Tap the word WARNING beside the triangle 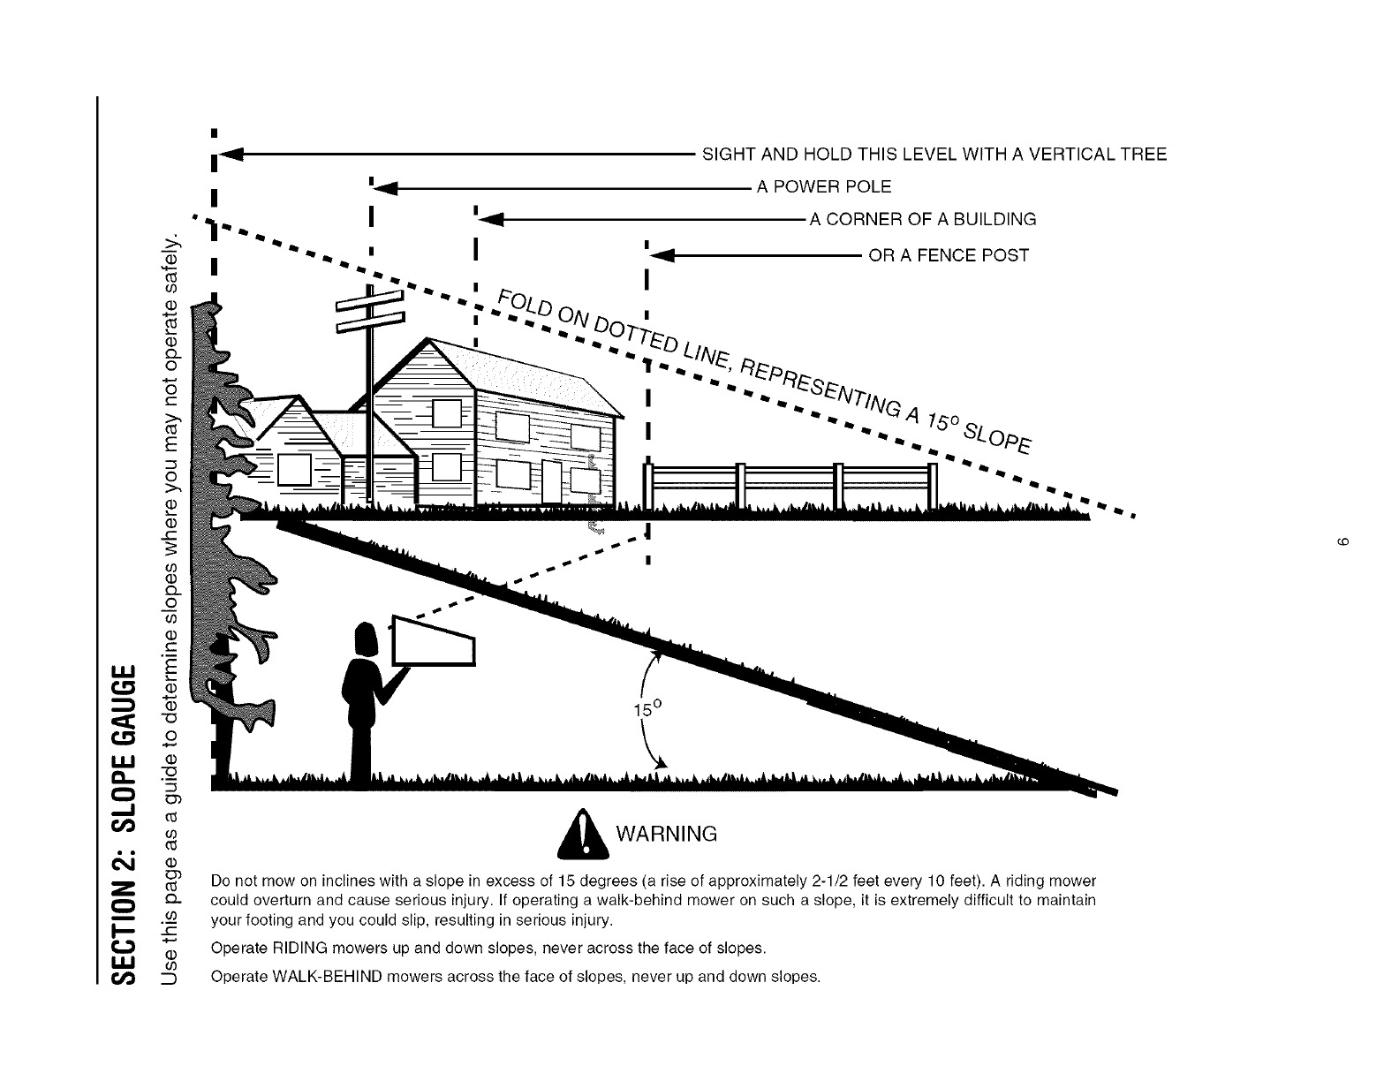coord(666,835)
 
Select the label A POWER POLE coord(824,187)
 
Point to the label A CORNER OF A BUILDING coord(922,220)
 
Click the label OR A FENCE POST coord(949,256)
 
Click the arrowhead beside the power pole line coord(386,187)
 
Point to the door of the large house coord(552,483)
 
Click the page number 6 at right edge coord(1341,540)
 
